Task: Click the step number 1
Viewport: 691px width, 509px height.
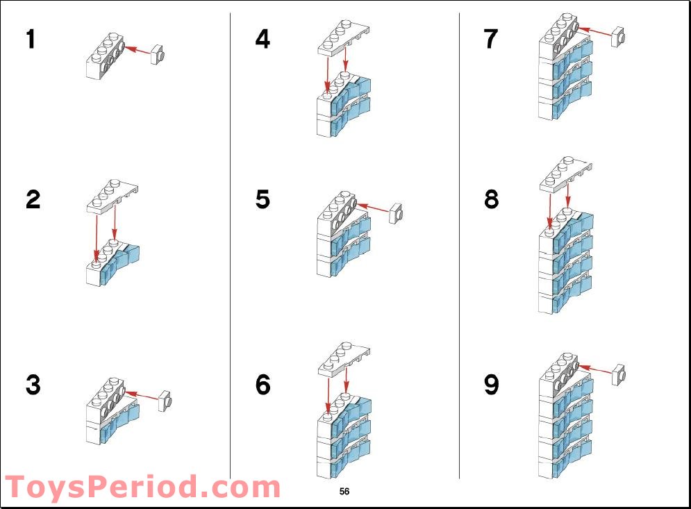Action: click(31, 40)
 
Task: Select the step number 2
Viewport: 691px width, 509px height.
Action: click(33, 199)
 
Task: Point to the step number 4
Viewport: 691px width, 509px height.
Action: click(263, 40)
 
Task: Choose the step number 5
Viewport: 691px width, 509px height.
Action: click(263, 199)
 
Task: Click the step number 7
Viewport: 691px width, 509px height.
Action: click(491, 40)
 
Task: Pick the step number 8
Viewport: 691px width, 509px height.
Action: click(491, 199)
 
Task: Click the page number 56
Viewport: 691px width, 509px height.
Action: click(344, 492)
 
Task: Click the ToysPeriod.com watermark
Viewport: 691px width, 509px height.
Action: click(142, 487)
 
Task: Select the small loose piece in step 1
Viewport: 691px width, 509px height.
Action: click(159, 55)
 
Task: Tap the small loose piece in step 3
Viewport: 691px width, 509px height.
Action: click(165, 401)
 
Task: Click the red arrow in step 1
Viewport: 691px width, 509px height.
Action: click(140, 50)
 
